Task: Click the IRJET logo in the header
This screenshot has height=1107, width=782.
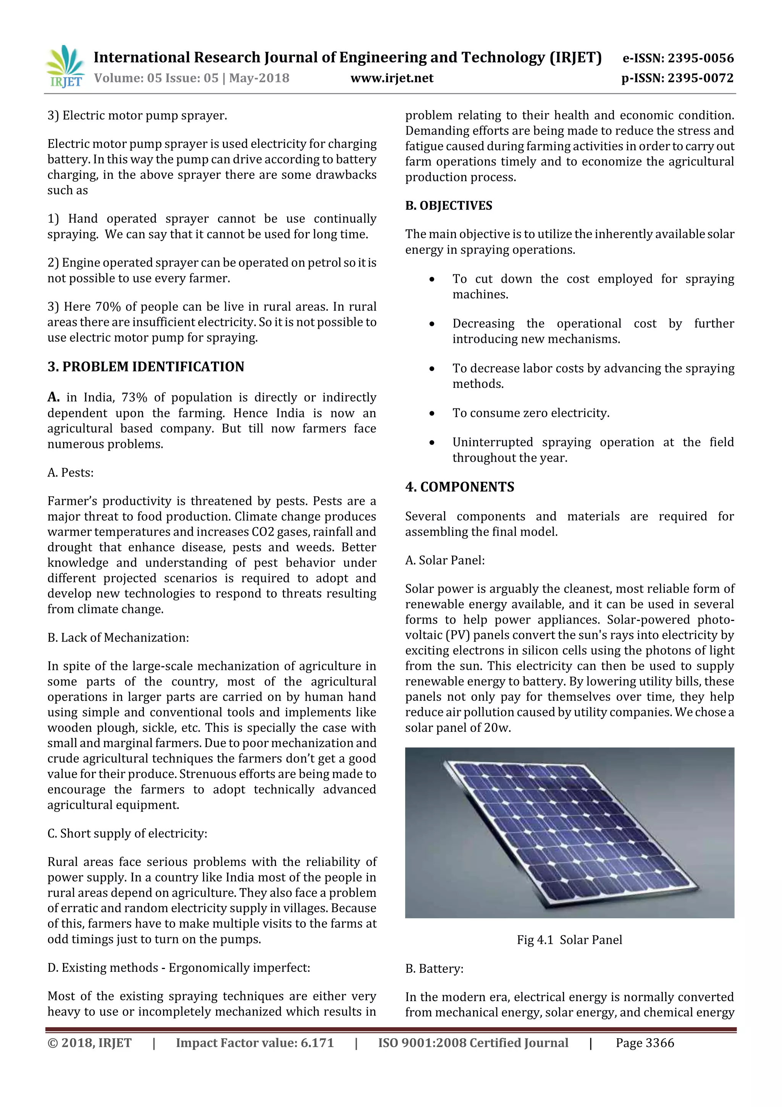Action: click(65, 66)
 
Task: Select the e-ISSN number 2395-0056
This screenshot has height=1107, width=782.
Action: click(700, 58)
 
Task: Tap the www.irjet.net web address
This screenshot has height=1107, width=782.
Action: click(392, 78)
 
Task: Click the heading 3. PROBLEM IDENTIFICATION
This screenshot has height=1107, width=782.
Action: click(145, 367)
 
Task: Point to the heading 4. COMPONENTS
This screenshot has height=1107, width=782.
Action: click(460, 487)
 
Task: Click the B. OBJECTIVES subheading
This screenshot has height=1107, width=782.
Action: click(449, 206)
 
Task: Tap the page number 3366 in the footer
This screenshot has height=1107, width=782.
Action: click(659, 1043)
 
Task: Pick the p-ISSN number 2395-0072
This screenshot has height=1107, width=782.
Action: click(700, 78)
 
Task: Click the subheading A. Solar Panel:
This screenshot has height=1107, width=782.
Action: click(445, 560)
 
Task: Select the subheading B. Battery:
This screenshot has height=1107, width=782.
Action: click(434, 969)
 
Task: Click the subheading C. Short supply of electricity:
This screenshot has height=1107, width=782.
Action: click(127, 834)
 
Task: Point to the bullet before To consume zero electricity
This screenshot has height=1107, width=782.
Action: click(432, 414)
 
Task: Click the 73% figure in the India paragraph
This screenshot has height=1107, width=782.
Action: click(134, 398)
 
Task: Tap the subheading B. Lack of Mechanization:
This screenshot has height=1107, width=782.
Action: click(118, 638)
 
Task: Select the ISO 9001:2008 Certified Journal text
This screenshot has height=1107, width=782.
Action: click(473, 1043)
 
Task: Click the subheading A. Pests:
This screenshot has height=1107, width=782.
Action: click(70, 473)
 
